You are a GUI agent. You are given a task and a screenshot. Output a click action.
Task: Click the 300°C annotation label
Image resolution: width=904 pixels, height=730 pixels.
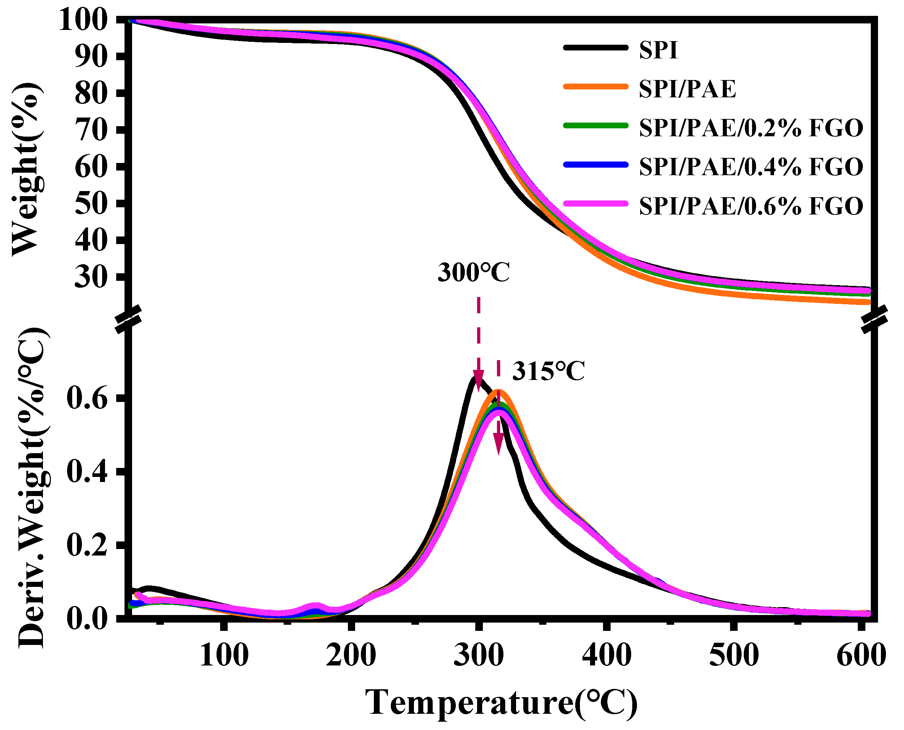pyautogui.click(x=473, y=273)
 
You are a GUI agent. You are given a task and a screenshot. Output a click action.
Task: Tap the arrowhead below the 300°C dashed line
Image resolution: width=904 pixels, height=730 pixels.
pyautogui.click(x=478, y=380)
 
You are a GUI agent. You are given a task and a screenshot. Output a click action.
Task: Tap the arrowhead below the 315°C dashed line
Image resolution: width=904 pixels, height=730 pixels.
pyautogui.click(x=499, y=444)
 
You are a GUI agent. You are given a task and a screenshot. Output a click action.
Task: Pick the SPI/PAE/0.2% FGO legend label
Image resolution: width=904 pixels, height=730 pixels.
pyautogui.click(x=751, y=128)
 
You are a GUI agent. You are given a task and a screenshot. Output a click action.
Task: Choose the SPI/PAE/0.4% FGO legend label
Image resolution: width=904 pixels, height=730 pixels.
pyautogui.click(x=751, y=167)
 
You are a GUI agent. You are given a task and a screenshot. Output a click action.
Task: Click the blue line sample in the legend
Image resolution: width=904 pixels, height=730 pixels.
pyautogui.click(x=596, y=164)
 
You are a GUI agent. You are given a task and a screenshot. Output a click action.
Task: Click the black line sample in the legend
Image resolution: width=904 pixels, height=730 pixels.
pyautogui.click(x=596, y=48)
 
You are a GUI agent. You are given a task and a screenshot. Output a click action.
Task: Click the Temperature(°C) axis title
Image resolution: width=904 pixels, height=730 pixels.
pyautogui.click(x=501, y=702)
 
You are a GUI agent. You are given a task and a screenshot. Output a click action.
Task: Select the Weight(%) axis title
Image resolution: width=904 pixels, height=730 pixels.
pyautogui.click(x=28, y=168)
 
